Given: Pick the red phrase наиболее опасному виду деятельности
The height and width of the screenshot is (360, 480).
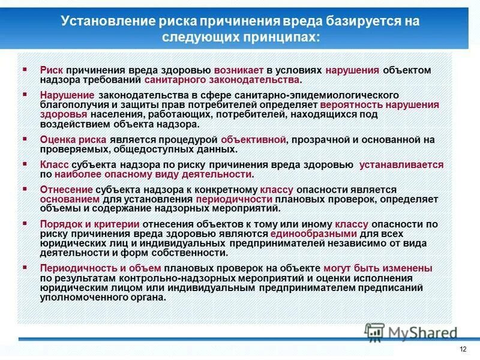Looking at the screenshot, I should point(153,174).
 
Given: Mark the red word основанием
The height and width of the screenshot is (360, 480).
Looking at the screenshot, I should point(67,199).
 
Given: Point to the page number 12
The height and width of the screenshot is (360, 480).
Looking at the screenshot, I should point(462,349).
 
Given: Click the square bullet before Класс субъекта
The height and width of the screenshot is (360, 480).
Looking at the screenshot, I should point(25,163).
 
